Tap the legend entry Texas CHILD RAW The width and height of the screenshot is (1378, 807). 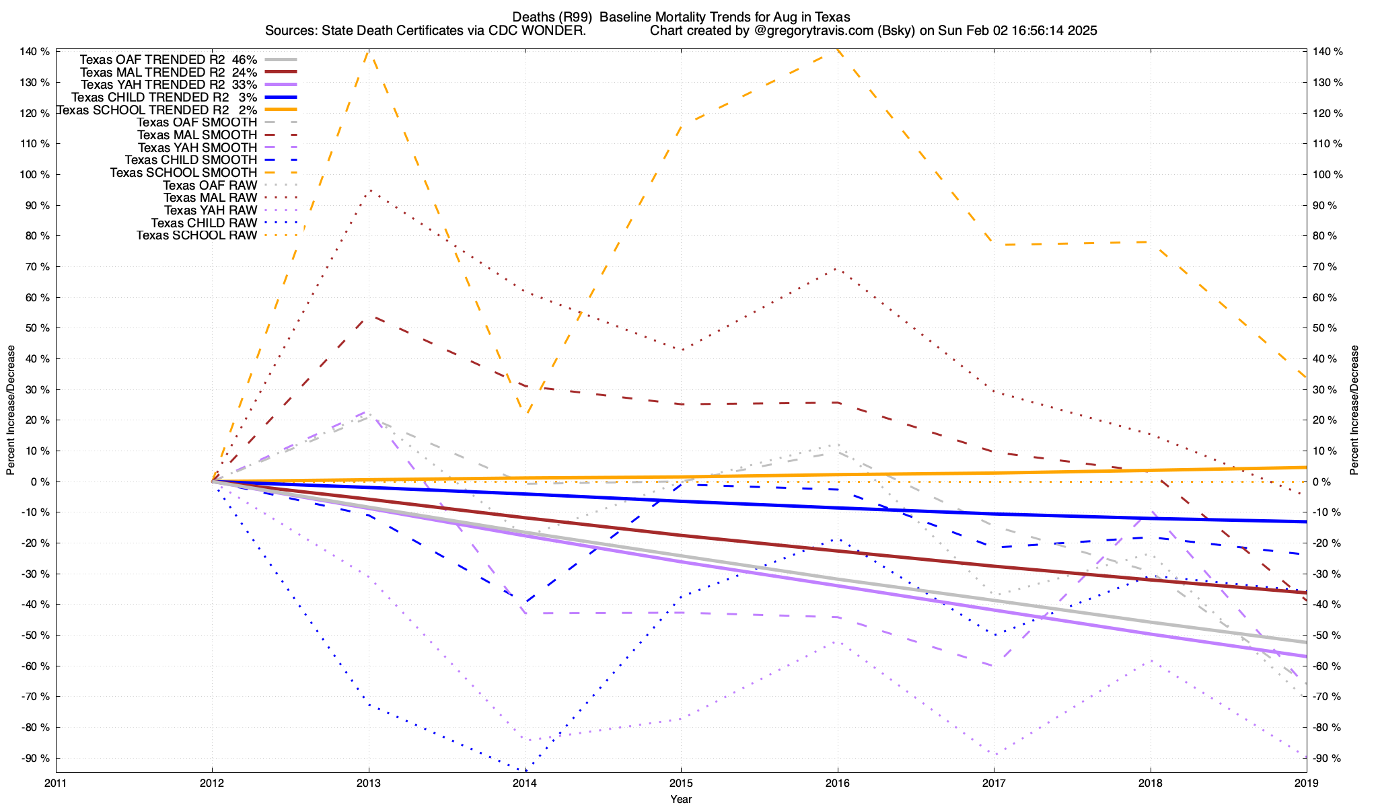(x=204, y=223)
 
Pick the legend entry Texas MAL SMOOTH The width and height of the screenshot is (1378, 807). (x=196, y=135)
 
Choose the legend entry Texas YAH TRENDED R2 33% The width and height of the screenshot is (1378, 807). (x=168, y=85)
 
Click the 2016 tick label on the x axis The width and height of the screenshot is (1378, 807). (x=838, y=783)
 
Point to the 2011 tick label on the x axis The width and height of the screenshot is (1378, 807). (x=56, y=783)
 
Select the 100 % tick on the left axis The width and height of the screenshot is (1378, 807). (x=35, y=175)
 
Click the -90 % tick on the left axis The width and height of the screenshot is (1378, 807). (x=35, y=759)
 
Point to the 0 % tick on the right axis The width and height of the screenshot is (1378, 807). (x=1323, y=482)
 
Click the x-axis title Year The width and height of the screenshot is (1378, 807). (x=681, y=799)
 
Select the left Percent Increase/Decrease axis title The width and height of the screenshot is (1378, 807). (x=11, y=410)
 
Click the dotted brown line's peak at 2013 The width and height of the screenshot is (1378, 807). (x=369, y=190)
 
